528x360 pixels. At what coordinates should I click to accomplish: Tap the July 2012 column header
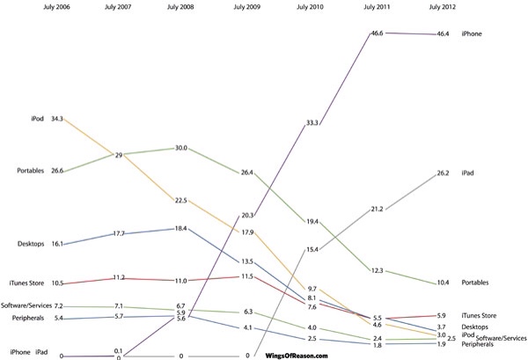click(x=443, y=8)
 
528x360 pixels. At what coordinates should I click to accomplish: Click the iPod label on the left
click(x=38, y=119)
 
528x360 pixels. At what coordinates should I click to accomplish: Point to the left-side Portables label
click(x=30, y=171)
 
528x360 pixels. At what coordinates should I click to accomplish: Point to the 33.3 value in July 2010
click(x=312, y=123)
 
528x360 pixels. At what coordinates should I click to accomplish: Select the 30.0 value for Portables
click(x=180, y=148)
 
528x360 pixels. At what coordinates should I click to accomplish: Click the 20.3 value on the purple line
click(x=246, y=214)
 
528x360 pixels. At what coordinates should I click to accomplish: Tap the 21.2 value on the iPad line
click(x=377, y=209)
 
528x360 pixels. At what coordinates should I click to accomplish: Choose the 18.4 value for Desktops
click(x=180, y=228)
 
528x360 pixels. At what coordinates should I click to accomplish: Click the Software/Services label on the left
click(x=26, y=305)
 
